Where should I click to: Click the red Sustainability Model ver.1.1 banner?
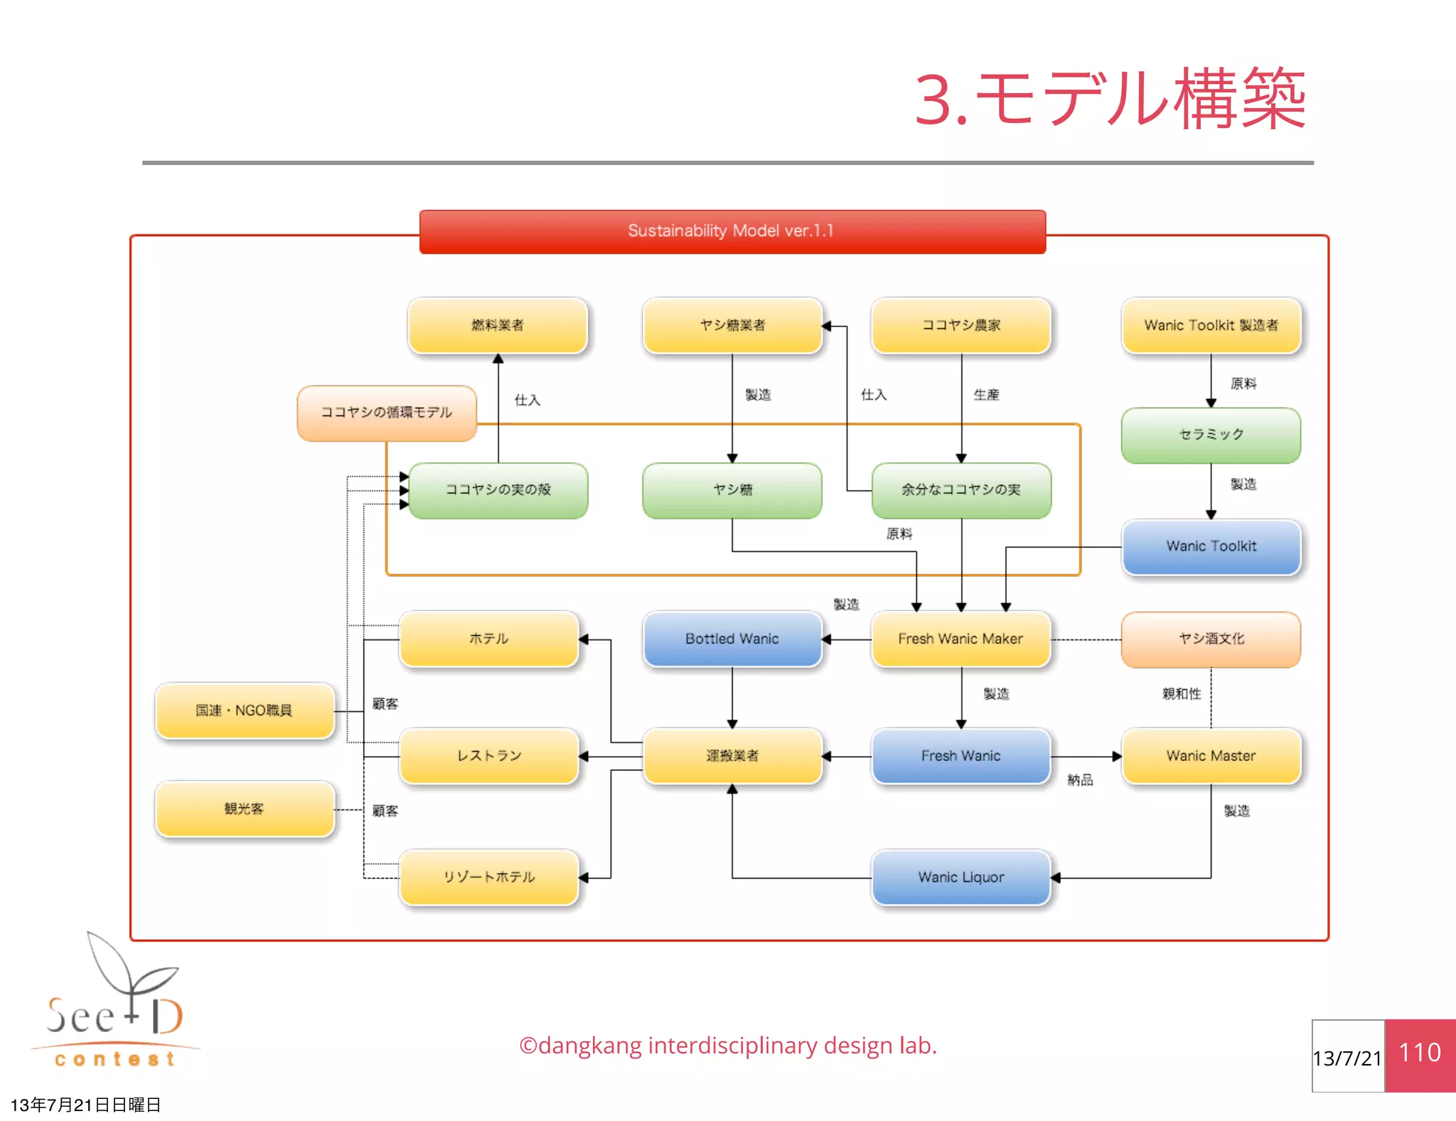click(x=732, y=231)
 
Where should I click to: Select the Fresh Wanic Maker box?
click(x=960, y=639)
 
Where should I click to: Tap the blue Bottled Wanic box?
click(x=732, y=639)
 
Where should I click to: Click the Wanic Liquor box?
click(x=960, y=877)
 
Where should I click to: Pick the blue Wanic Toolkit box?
click(x=1211, y=546)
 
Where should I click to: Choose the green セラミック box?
click(x=1211, y=435)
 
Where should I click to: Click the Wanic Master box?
click(x=1211, y=755)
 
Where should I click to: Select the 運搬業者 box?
click(x=732, y=755)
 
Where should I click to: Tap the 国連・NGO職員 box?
click(x=244, y=710)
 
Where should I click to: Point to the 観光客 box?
click(x=244, y=809)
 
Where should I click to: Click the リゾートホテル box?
click(x=488, y=877)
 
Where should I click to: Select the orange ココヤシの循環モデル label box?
click(x=386, y=413)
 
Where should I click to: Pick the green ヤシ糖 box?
click(x=732, y=490)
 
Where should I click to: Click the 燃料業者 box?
click(x=497, y=325)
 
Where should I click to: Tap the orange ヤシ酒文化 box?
click(x=1211, y=639)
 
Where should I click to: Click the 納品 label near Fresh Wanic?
click(x=1080, y=780)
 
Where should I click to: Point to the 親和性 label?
click(x=1181, y=694)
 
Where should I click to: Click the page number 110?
click(x=1420, y=1053)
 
